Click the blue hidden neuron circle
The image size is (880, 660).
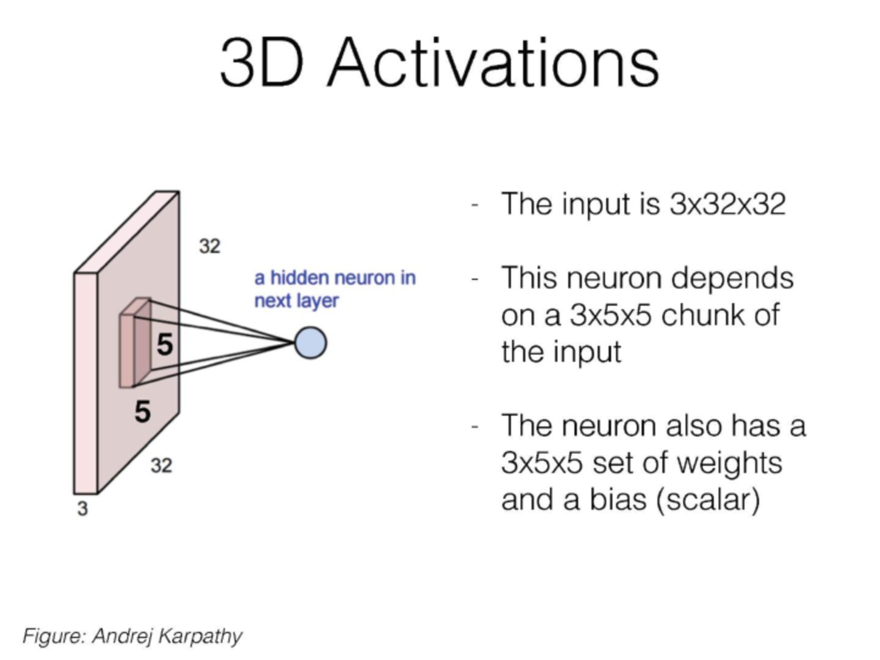tap(310, 342)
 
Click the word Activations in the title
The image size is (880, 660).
tap(494, 62)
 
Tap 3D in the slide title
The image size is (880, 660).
tap(262, 62)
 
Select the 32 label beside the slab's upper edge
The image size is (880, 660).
tap(210, 246)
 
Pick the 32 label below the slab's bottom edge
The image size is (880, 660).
tap(161, 465)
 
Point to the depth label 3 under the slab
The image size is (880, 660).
tap(82, 509)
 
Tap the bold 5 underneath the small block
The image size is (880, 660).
tap(142, 411)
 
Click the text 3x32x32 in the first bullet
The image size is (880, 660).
tap(727, 204)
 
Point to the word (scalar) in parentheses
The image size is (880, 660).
tap(708, 500)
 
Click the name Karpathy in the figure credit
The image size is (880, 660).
tap(200, 636)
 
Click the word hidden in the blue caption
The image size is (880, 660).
tap(299, 278)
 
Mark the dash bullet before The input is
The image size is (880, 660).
tap(475, 205)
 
